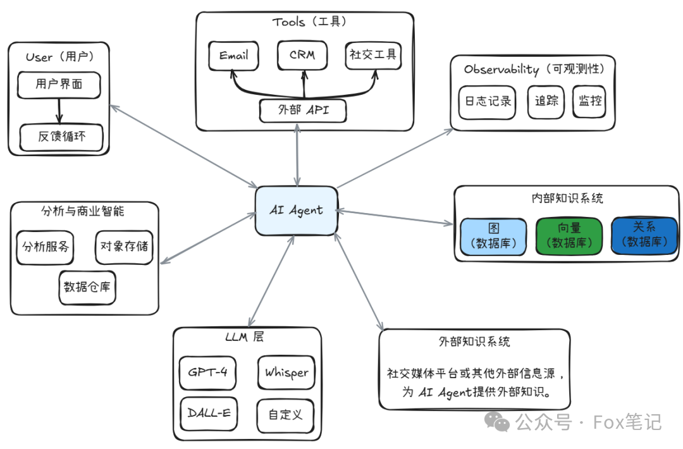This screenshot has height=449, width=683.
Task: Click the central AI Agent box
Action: point(296,211)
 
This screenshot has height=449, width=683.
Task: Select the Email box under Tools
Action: point(234,56)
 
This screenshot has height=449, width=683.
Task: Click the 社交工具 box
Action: point(373,55)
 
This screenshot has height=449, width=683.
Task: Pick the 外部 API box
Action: point(304,111)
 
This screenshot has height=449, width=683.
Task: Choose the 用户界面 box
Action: point(59,85)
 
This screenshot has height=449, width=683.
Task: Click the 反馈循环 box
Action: point(61,137)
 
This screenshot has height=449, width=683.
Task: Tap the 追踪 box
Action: point(546,102)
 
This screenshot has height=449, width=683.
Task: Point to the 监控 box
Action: point(589,102)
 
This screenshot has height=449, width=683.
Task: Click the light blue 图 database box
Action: point(493,236)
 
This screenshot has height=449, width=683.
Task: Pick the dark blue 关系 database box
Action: point(644,235)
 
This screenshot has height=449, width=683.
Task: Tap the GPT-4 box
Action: point(207,372)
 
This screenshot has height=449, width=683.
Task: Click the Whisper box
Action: point(286,372)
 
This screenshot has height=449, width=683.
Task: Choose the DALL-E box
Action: point(209,414)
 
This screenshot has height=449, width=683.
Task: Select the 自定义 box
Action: point(285,415)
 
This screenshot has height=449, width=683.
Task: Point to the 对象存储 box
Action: point(124,247)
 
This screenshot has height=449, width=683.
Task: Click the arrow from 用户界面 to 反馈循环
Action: point(59,111)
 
